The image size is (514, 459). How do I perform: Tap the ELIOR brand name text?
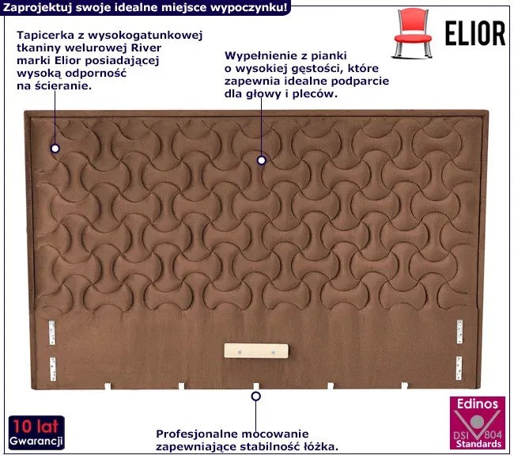[475, 33]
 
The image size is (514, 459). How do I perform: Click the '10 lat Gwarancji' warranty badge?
[36, 433]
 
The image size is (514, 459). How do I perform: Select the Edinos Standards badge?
[478, 423]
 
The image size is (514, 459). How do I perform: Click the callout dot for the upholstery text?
[55, 149]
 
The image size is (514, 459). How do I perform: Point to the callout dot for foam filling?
[261, 161]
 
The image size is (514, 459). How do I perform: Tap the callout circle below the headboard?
[256, 396]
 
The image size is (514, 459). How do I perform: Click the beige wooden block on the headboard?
[256, 351]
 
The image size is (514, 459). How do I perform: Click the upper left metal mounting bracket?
[52, 332]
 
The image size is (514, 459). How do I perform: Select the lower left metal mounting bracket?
[53, 369]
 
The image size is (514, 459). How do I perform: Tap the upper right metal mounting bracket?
[459, 332]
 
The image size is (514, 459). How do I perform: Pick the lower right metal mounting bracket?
[459, 368]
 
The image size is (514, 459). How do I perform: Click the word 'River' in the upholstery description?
[146, 48]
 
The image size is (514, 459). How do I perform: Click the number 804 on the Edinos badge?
[493, 434]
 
